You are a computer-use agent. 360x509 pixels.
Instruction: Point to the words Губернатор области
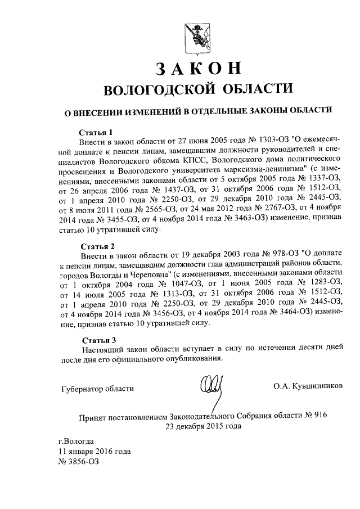96,388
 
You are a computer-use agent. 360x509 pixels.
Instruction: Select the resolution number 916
319,415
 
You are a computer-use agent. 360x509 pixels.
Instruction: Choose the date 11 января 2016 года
94,451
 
